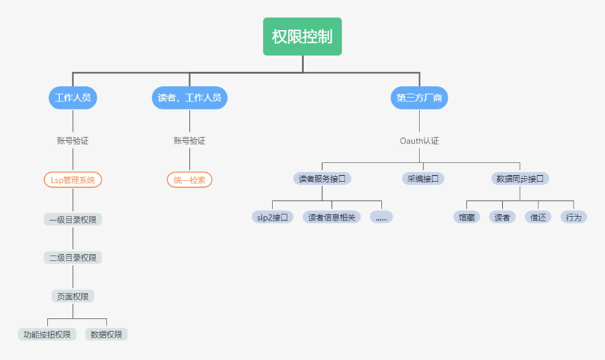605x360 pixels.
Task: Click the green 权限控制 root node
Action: [x=302, y=36]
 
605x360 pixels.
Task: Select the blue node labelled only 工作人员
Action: [x=73, y=98]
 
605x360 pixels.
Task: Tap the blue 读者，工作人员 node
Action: [x=190, y=98]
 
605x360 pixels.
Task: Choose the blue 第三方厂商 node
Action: [x=419, y=98]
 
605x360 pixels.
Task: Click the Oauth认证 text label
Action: [x=419, y=141]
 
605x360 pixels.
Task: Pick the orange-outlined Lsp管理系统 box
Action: [x=73, y=180]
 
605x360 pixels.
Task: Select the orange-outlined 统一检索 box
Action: [x=190, y=180]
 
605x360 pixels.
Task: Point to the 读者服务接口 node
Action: [x=322, y=179]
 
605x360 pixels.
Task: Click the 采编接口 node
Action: [x=423, y=179]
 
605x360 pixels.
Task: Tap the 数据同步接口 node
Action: [x=520, y=179]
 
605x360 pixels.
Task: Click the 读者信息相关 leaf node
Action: [x=332, y=217]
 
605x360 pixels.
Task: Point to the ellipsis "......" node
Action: [x=382, y=217]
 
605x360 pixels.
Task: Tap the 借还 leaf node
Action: [x=538, y=217]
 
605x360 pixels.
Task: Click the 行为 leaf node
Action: [x=574, y=217]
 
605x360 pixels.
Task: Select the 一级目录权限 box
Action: [x=73, y=219]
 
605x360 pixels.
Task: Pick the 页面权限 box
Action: [x=73, y=296]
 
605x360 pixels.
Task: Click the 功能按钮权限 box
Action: [x=47, y=335]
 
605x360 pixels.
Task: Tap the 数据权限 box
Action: [x=106, y=335]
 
